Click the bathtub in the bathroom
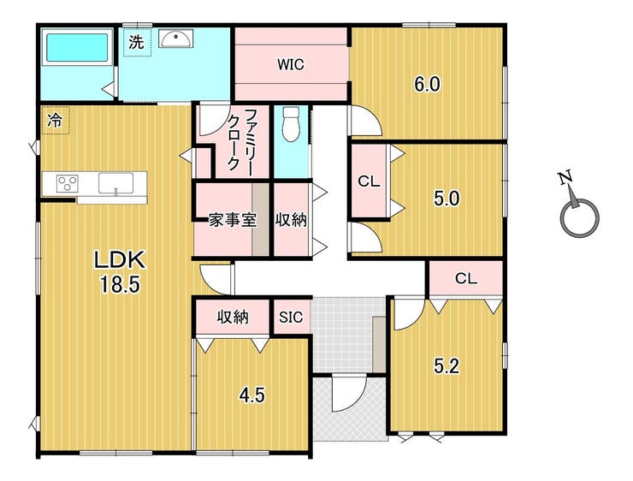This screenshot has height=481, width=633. tap(77, 47)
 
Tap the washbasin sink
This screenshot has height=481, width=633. tap(176, 38)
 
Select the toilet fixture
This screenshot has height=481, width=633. tap(291, 123)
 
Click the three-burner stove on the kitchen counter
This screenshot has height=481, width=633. tap(67, 184)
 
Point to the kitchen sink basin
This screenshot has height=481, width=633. tap(115, 183)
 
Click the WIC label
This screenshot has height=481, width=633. tap(291, 64)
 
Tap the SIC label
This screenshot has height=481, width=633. tap(291, 317)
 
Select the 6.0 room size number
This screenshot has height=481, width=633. tap(427, 85)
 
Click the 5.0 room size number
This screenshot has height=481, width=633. tap(447, 199)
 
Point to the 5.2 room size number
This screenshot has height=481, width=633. tap(447, 366)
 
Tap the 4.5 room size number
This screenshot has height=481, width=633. tap(251, 395)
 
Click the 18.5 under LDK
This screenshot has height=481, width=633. tap(120, 285)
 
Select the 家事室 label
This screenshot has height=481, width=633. tap(233, 221)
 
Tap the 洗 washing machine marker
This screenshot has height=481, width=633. tap(136, 42)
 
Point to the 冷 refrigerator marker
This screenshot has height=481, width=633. tap(55, 120)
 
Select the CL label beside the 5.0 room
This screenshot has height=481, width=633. tap(369, 181)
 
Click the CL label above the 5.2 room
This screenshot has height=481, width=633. tap(466, 278)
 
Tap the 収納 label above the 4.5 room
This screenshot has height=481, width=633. tap(233, 317)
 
